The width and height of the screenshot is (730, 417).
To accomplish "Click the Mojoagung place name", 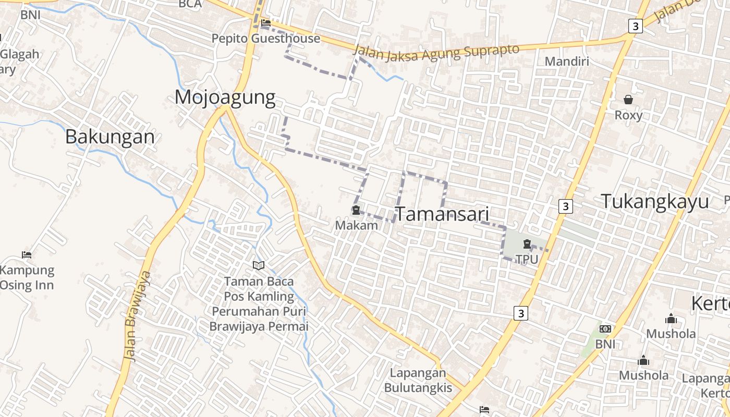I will click(x=225, y=97).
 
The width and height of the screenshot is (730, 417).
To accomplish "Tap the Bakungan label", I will click(x=110, y=137).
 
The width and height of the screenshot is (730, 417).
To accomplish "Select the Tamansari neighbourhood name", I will click(x=442, y=214).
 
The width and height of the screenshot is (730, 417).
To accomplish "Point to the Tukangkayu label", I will click(x=655, y=201).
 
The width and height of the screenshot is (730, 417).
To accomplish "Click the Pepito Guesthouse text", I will click(x=266, y=39).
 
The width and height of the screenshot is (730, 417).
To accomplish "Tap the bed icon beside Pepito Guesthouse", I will click(x=266, y=23).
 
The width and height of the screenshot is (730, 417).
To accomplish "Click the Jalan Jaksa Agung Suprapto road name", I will click(x=437, y=52).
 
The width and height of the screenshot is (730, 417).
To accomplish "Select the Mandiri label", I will click(x=567, y=62).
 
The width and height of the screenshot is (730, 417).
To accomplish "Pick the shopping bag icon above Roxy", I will click(x=628, y=99).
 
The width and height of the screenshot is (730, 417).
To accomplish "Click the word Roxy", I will click(x=628, y=115).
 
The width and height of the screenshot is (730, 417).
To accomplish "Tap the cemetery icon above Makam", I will click(x=356, y=210).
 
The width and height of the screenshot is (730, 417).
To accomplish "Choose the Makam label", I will click(x=356, y=225).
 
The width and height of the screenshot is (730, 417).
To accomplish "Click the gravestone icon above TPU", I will click(x=527, y=243).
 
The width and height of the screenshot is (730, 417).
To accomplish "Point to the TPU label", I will click(x=527, y=259).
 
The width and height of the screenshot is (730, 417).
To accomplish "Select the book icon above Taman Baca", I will click(x=259, y=266).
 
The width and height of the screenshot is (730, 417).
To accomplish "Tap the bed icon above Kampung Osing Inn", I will click(x=27, y=254).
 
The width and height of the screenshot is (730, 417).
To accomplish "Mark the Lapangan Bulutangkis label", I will click(x=418, y=380).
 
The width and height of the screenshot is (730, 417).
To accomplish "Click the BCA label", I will click(x=190, y=4).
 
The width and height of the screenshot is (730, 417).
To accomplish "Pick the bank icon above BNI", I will click(x=605, y=329).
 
